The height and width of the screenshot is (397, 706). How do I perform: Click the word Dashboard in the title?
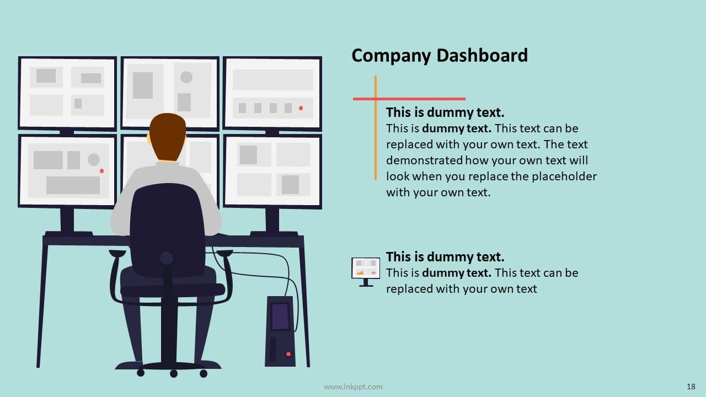coord(482,56)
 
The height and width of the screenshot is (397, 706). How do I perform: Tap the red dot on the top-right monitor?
coord(301,108)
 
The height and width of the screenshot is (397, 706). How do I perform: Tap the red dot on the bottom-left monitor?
coord(102,171)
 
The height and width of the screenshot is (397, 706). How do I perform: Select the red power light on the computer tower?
coord(288,354)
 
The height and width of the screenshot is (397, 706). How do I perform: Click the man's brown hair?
coord(168,134)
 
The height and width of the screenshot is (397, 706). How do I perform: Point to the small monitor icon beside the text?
coord(366,272)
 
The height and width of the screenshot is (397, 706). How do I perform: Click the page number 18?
coord(691,387)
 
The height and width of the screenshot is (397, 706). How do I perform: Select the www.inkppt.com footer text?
coord(353,387)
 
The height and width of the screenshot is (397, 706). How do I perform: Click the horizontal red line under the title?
coord(409,99)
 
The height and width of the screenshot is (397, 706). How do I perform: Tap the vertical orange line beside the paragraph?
coord(376,127)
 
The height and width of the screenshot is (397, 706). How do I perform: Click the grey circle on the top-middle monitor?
coord(186,77)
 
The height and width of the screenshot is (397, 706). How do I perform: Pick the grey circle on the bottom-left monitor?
coord(94,160)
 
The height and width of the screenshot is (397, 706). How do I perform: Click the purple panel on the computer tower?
coord(280,316)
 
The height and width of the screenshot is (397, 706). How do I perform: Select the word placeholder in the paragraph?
coord(564,176)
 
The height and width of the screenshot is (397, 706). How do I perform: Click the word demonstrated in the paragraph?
coord(424,160)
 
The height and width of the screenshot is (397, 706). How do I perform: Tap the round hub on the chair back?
coord(167,259)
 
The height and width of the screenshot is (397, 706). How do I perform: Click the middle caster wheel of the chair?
coord(174,374)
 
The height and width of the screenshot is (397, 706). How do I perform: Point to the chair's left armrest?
coord(117,254)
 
